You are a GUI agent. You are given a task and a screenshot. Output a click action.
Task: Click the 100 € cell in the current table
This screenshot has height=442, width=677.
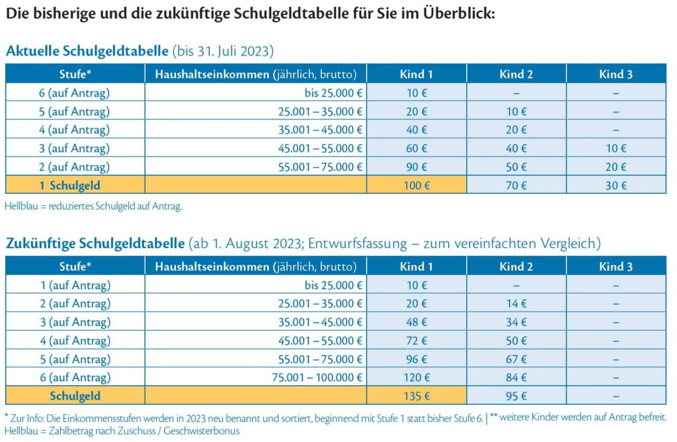(417, 185)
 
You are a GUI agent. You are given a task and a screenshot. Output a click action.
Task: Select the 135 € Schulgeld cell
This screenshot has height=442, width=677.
(417, 396)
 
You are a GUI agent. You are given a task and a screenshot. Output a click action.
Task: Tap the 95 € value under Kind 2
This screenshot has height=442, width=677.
(516, 396)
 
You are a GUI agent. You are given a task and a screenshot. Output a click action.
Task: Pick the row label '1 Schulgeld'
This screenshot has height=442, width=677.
(75, 185)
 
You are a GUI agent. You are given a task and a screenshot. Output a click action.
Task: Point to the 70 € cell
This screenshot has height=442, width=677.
(516, 185)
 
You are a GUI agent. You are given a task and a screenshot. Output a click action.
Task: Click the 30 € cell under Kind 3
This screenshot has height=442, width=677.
(616, 185)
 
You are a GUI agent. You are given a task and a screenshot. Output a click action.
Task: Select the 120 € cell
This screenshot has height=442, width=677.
(417, 377)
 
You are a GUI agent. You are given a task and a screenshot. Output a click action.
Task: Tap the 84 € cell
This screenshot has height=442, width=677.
(516, 377)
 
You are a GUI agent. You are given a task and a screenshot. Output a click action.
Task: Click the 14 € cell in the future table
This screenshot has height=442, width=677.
(516, 303)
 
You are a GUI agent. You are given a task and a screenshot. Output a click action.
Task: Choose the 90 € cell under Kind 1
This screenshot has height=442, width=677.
(417, 167)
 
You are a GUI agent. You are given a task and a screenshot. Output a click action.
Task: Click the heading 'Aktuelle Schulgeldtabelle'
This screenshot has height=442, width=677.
(87, 51)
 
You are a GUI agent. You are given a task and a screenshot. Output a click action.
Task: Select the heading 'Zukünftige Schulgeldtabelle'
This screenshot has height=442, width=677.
(95, 243)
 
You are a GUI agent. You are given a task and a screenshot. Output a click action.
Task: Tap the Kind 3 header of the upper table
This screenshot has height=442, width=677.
(616, 74)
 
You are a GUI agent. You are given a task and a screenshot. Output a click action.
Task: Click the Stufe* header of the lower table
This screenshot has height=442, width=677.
(75, 266)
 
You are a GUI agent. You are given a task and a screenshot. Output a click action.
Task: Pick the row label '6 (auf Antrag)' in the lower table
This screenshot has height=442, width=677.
(75, 377)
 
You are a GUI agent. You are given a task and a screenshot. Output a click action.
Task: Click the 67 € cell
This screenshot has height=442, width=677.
(516, 359)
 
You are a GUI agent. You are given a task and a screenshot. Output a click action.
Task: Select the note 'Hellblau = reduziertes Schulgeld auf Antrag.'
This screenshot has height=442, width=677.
(93, 206)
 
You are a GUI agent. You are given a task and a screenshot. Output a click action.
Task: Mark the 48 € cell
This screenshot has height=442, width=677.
(417, 322)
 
